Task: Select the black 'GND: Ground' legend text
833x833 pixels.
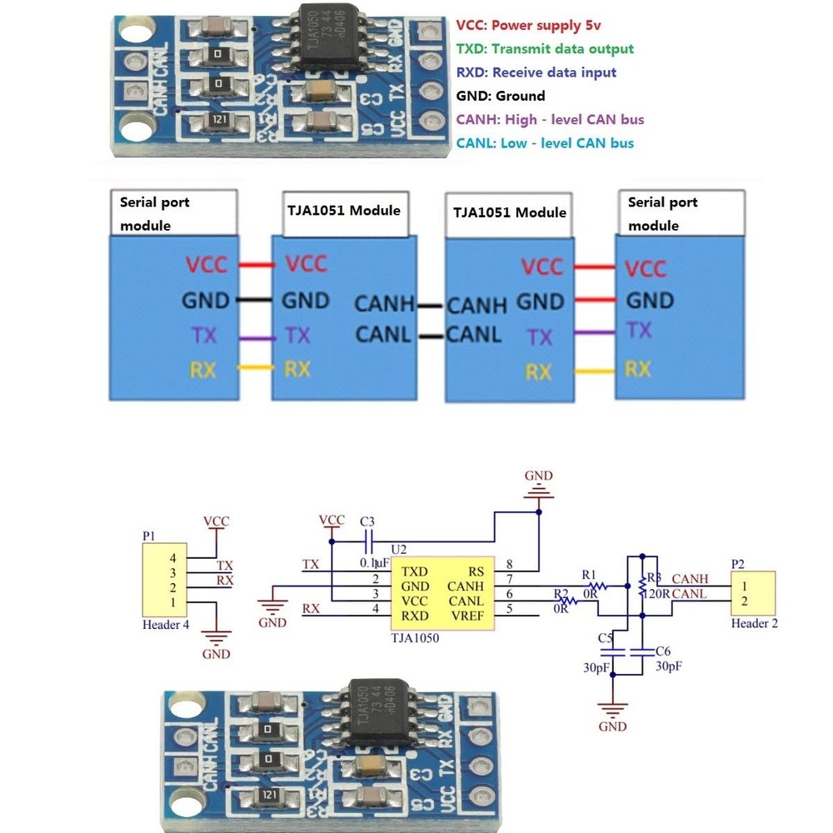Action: point(500,96)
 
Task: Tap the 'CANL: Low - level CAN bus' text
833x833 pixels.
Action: point(545,143)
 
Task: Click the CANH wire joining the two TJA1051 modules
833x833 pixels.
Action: point(430,305)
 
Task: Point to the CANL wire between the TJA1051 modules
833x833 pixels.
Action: point(430,337)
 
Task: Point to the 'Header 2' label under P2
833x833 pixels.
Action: point(755,623)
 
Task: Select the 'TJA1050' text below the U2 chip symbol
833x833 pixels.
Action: point(414,639)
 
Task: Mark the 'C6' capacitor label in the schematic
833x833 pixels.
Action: point(663,651)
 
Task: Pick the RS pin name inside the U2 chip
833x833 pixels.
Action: point(476,571)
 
